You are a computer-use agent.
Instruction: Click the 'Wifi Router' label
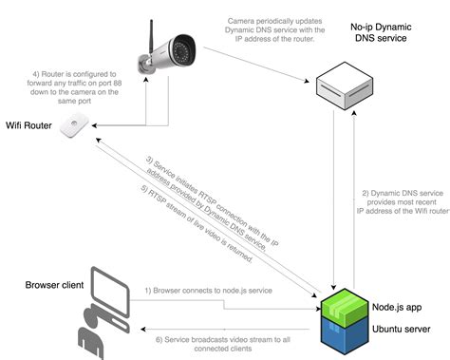(29, 124)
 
